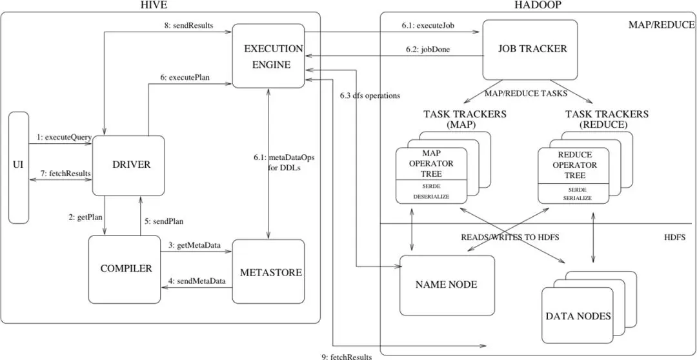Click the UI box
point(19,167)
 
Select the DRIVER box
point(128,165)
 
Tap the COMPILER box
point(124,269)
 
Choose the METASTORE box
point(268,272)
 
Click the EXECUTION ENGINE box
point(268,55)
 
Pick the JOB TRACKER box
point(530,49)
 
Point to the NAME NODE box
point(447,285)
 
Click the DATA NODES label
point(578,316)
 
